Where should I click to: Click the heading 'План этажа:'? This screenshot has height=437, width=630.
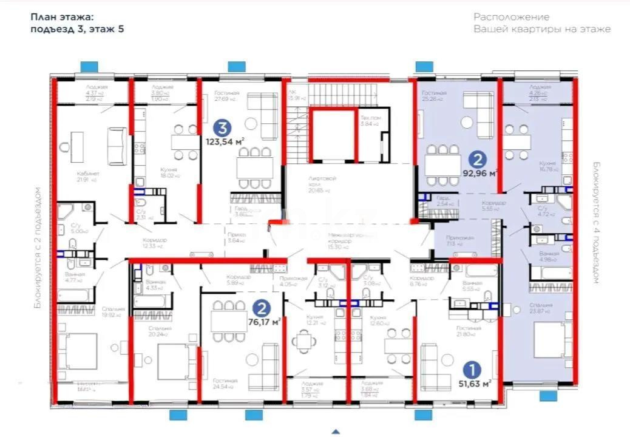(x=63, y=18)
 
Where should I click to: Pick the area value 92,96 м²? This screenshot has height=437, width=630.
(x=479, y=173)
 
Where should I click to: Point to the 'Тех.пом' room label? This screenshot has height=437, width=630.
(x=369, y=120)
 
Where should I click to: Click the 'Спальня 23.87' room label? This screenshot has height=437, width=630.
(x=540, y=308)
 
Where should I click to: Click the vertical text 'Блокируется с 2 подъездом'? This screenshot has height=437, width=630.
(x=38, y=249)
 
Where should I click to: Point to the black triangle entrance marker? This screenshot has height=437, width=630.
(x=334, y=432)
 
